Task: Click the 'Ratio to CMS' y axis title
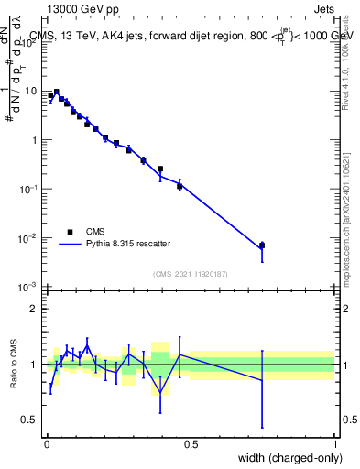[x=16, y=365]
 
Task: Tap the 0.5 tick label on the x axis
[x=191, y=442]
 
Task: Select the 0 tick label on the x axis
[x=46, y=442]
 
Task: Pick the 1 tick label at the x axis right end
[x=335, y=442]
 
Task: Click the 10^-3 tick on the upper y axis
[x=29, y=288]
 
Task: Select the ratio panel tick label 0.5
[x=31, y=420]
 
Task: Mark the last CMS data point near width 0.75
[x=262, y=245]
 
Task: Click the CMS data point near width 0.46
[x=180, y=186]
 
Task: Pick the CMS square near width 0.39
[x=160, y=169]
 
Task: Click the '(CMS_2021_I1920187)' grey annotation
[x=191, y=273]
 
